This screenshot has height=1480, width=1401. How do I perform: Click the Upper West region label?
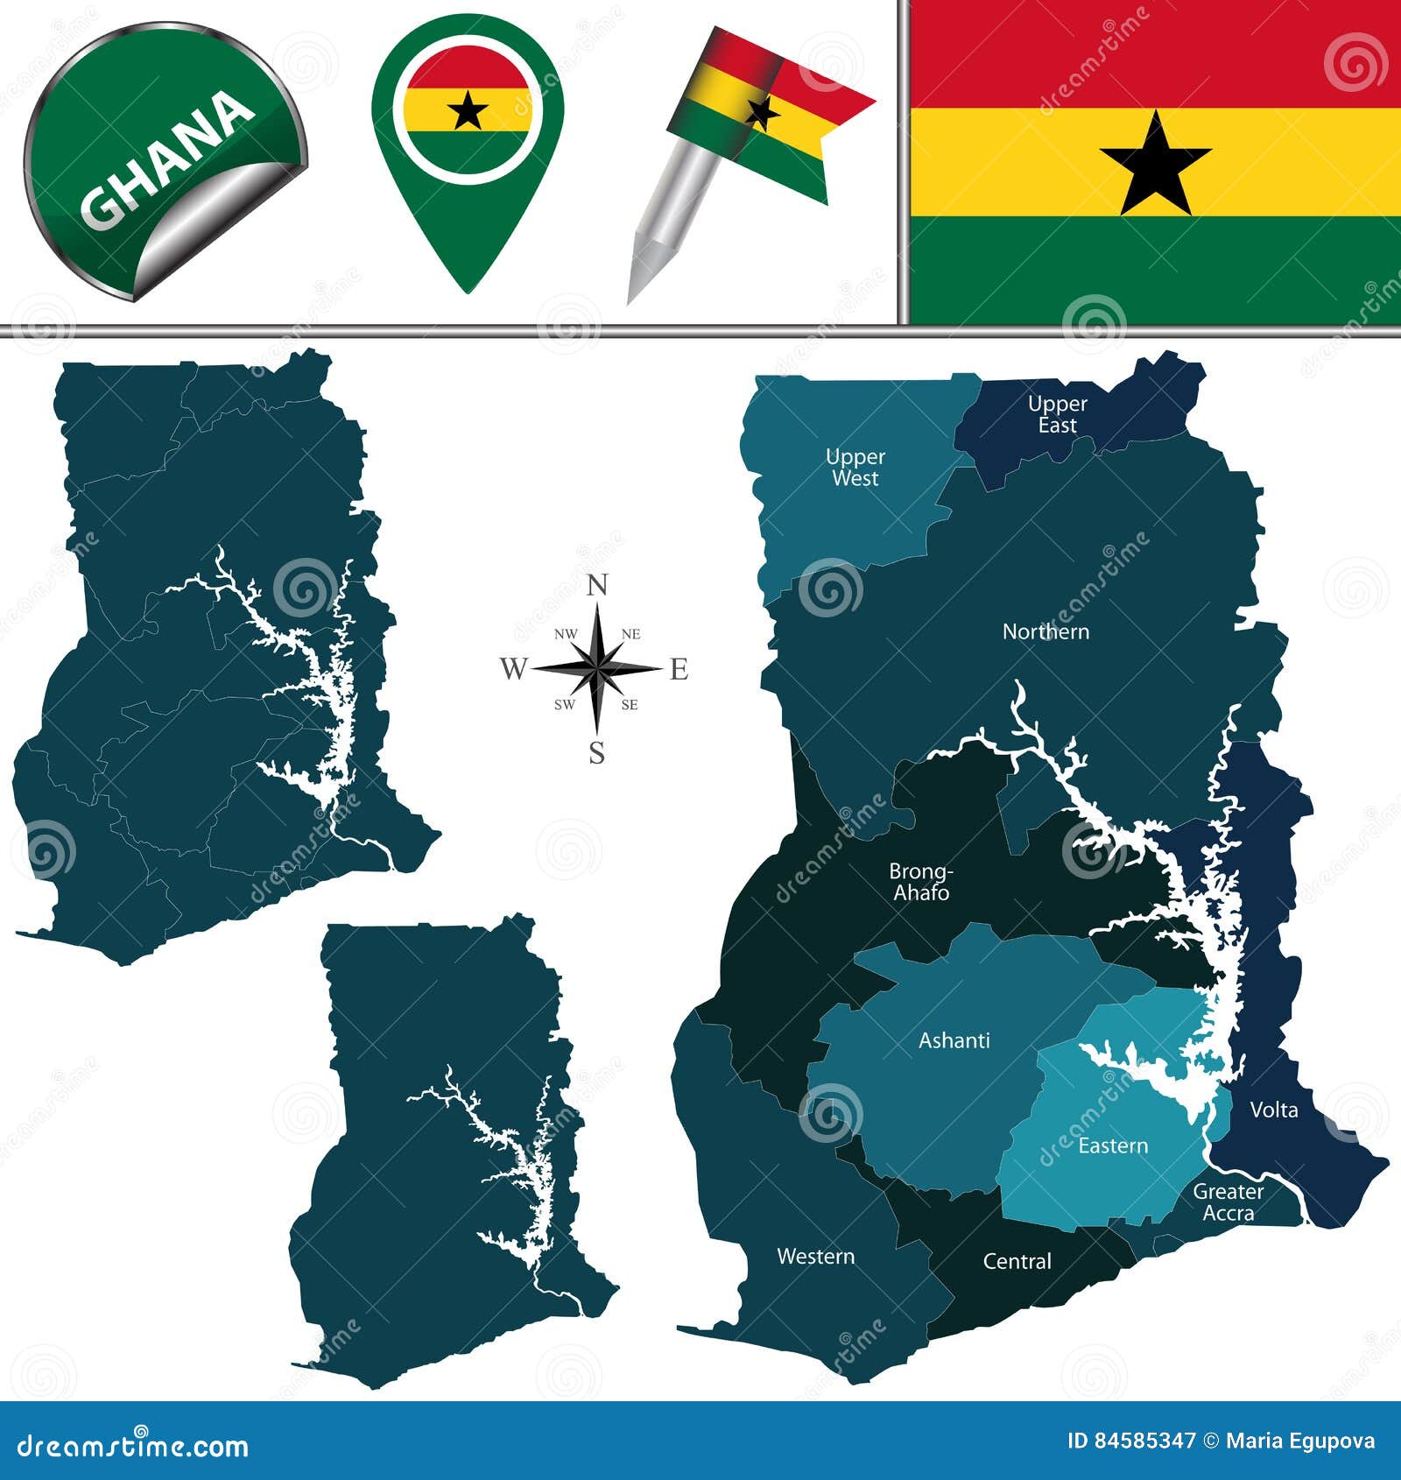(855, 468)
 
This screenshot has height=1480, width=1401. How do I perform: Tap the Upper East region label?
(1057, 414)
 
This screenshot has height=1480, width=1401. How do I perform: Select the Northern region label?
(1045, 631)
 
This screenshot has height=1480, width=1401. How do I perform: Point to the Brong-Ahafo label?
(920, 882)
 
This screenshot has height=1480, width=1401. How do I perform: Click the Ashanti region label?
(954, 1040)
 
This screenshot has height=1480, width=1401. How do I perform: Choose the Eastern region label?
(1112, 1145)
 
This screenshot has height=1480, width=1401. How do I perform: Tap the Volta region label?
(1273, 1110)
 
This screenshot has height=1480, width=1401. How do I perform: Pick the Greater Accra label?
(1228, 1202)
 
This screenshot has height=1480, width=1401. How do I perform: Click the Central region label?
(1017, 1261)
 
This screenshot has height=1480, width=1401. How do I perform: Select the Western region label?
(815, 1257)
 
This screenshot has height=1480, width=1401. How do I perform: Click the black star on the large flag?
(1155, 165)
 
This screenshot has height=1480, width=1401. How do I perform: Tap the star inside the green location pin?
(468, 112)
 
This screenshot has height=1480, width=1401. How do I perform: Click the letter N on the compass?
(597, 585)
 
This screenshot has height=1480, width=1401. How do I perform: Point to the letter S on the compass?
(597, 752)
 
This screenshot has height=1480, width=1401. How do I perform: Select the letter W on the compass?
(513, 670)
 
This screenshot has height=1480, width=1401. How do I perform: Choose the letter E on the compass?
(679, 670)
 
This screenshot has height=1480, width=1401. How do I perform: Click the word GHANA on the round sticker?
(166, 158)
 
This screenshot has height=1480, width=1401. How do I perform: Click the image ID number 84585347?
(1143, 1441)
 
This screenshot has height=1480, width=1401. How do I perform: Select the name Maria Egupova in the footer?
(1300, 1441)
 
